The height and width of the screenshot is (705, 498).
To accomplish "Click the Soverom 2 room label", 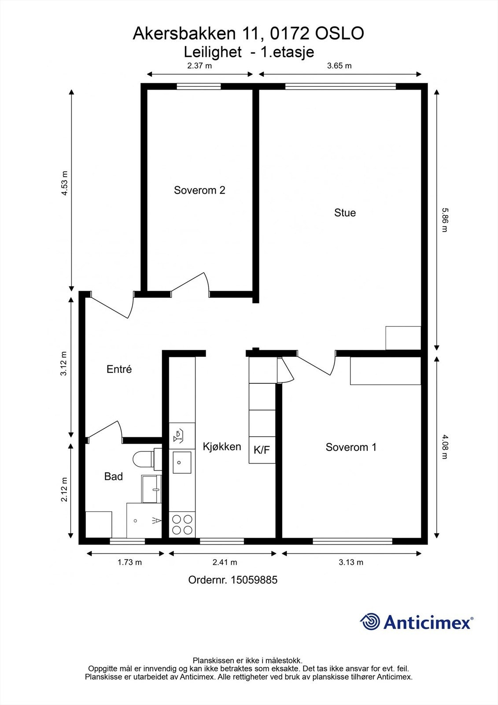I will click(x=199, y=190).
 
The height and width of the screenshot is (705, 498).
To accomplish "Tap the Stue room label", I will click(x=345, y=213).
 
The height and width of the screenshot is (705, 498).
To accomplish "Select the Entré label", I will click(x=119, y=369).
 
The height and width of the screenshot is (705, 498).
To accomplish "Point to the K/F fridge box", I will click(x=262, y=450).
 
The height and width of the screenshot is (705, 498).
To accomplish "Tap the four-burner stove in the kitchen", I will click(x=182, y=524).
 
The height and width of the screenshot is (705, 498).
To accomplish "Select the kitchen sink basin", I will click(x=181, y=462).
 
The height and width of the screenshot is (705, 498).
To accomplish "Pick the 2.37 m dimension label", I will click(x=199, y=66).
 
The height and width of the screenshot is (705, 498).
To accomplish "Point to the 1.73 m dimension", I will click(x=129, y=562).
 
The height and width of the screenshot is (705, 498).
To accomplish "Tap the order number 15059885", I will click(x=232, y=580).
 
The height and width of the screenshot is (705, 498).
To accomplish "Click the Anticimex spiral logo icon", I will click(x=370, y=622).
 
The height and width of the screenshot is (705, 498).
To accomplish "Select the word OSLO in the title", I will click(x=339, y=33).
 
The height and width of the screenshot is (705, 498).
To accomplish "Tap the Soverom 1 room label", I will click(x=351, y=447).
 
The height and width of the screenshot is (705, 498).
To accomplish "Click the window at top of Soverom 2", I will click(x=199, y=86).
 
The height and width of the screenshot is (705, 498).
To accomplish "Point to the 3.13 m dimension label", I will click(x=351, y=562).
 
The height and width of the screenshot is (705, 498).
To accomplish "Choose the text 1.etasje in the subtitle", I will click(x=287, y=52).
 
